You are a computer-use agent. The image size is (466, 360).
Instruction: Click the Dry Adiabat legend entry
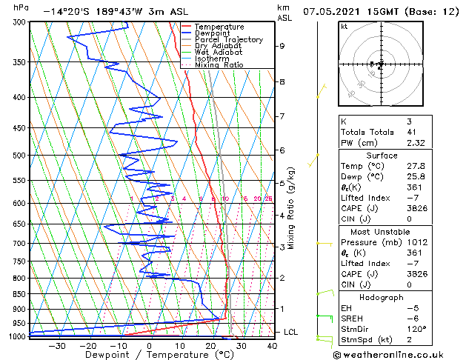[x=220, y=46]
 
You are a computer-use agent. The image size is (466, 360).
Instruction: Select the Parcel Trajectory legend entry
[x=229, y=39]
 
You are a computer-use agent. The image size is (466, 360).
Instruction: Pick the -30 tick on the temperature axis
[x=56, y=345]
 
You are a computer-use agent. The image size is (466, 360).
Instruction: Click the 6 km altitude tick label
[x=282, y=150]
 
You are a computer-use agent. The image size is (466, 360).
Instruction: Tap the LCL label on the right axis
[x=290, y=332]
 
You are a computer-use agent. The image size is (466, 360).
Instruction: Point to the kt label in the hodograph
[x=344, y=26]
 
